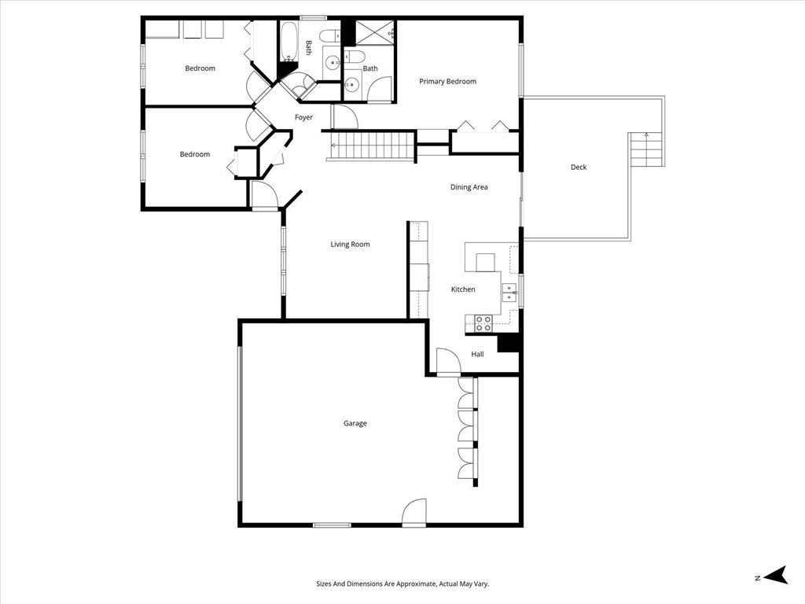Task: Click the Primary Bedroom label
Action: pos(447,82)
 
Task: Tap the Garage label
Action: pos(355,424)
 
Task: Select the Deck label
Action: pos(579,168)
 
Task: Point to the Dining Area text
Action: pos(469,187)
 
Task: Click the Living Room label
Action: pos(350,245)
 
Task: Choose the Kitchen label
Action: pos(463,289)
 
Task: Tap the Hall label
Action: pos(477,355)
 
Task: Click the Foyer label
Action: pos(303,118)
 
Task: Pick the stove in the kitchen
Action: pos(483,322)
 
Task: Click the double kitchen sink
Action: pos(509,293)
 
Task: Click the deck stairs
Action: pos(646,149)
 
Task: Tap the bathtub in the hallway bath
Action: pos(288,42)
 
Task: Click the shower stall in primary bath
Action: pos(374,33)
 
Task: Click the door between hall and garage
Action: pos(448,362)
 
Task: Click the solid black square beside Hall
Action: pos(509,344)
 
